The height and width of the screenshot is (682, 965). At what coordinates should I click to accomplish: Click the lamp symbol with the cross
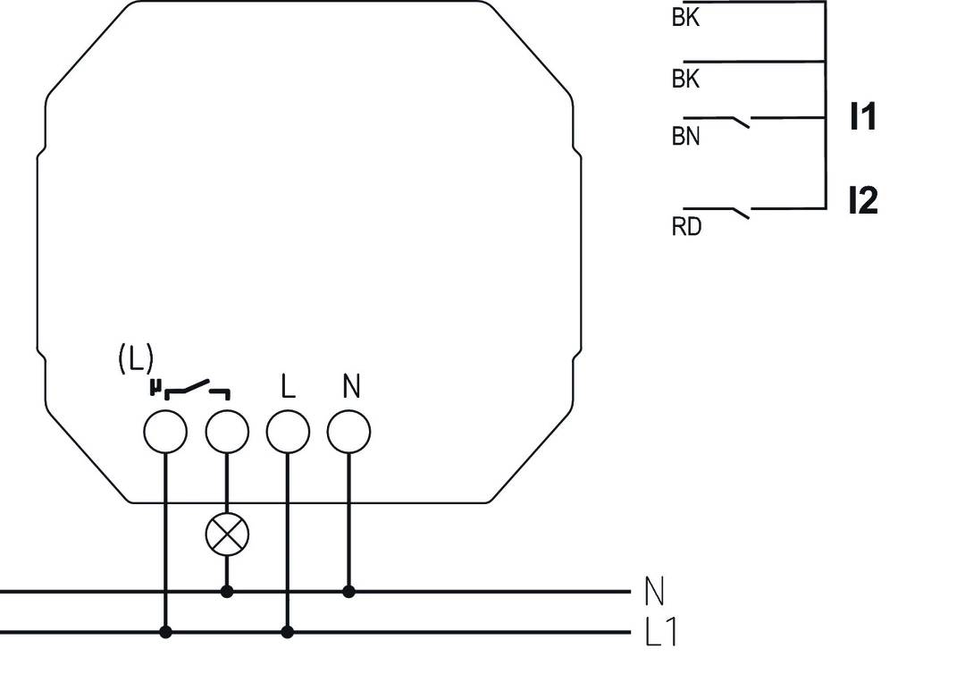click(227, 535)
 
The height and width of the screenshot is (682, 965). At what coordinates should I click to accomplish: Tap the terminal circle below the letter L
click(288, 432)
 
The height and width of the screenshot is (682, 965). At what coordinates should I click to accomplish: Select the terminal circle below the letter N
click(348, 432)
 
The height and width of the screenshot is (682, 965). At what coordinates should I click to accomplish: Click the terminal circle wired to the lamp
click(227, 432)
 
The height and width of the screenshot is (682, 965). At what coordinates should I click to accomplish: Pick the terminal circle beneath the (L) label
click(165, 432)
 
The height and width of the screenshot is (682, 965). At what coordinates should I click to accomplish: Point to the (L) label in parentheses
click(136, 359)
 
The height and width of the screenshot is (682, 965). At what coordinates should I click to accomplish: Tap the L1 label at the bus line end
click(661, 633)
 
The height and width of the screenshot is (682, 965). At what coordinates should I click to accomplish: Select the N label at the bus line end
click(654, 591)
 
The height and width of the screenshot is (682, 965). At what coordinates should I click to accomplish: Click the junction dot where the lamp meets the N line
click(227, 592)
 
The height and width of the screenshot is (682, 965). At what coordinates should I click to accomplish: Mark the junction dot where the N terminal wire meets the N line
click(348, 592)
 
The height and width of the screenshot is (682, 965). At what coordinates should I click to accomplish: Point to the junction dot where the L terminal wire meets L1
click(288, 632)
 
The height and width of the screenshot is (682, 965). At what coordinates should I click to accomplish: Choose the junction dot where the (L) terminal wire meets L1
click(165, 632)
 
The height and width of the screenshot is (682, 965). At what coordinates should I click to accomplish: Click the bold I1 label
click(862, 117)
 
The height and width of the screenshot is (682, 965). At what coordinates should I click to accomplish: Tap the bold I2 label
click(862, 201)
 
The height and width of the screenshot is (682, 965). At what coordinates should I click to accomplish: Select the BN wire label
click(686, 138)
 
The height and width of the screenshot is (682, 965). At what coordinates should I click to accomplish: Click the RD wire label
click(686, 227)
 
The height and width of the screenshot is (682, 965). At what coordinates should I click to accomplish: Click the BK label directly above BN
click(686, 80)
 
